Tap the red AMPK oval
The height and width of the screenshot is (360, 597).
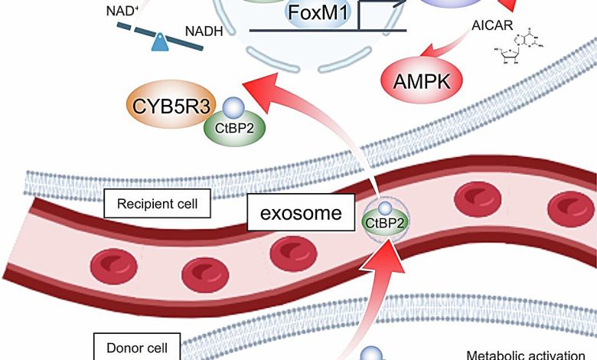(x=419, y=79)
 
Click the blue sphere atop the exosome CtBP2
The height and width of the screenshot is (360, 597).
(x=386, y=206)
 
